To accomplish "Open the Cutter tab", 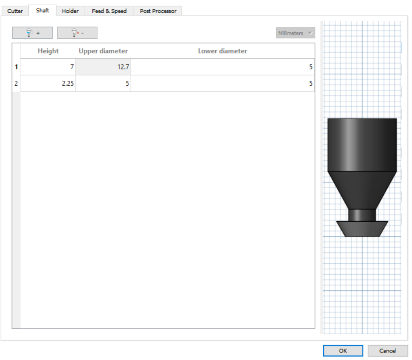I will [x=15, y=11].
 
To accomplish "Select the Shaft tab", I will [x=42, y=11].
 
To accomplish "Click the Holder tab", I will [x=70, y=11].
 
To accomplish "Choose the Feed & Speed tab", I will [x=109, y=11].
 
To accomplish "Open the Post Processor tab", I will [x=158, y=11].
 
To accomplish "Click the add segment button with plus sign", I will [x=32, y=33].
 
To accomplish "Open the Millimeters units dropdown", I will [x=295, y=33].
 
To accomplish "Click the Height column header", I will [x=48, y=51].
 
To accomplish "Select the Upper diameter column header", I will [x=103, y=51].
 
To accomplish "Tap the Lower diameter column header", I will [x=222, y=51].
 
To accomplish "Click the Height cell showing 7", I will [x=48, y=67].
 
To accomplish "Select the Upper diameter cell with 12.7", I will [x=103, y=67].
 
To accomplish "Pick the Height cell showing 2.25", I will [x=48, y=83].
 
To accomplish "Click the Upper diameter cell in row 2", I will [x=103, y=83].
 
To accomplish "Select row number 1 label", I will [x=16, y=67].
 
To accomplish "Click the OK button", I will [x=343, y=351].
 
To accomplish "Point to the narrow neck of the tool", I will [x=362, y=215].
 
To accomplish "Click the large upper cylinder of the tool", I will [x=362, y=144].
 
